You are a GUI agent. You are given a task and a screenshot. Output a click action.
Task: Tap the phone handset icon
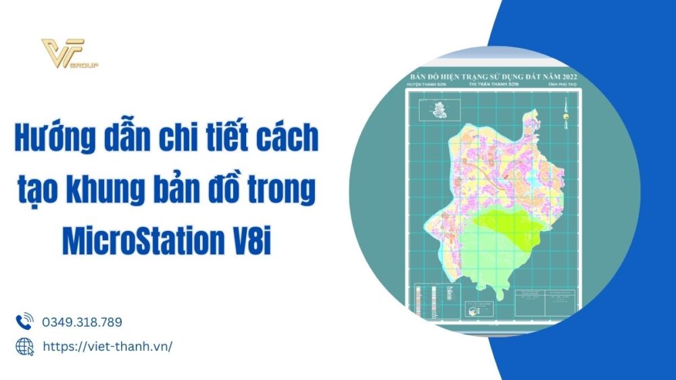24,321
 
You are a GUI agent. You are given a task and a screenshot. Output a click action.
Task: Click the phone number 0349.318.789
82,322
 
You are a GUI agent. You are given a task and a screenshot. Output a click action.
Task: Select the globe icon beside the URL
24,346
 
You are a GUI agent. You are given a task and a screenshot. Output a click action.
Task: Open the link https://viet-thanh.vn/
107,346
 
